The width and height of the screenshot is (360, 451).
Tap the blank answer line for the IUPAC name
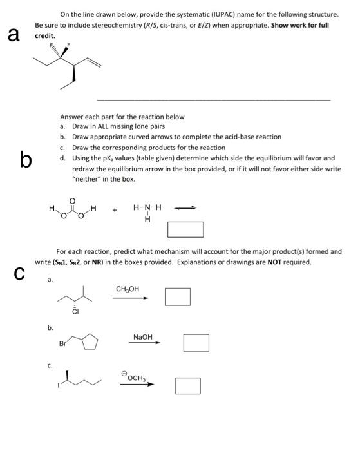[213, 99]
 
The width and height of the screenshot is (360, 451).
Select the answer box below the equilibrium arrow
[185, 229]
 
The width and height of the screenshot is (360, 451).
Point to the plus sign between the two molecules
[115, 209]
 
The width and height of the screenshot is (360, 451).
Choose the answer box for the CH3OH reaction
[177, 296]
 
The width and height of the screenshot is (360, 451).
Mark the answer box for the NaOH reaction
[195, 342]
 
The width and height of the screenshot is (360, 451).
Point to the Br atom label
[62, 344]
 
